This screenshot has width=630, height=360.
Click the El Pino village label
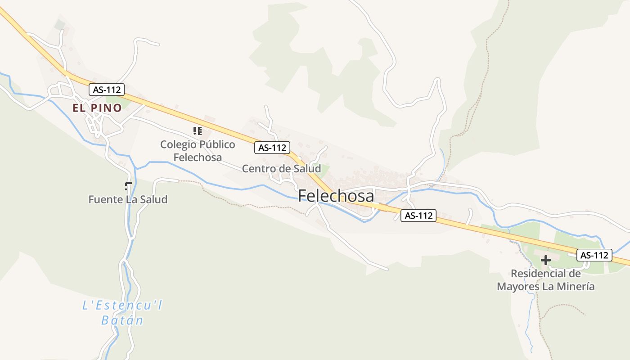click(97, 108)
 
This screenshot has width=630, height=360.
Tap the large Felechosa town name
click(336, 196)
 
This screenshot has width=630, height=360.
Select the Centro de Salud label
click(281, 169)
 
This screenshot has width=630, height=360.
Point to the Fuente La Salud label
click(128, 199)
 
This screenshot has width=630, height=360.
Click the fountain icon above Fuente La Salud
click(128, 185)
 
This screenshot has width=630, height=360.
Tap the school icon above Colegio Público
click(197, 131)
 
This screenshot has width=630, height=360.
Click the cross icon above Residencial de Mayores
click(546, 260)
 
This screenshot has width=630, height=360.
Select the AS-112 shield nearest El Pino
click(106, 90)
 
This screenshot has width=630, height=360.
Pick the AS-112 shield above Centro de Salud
click(272, 148)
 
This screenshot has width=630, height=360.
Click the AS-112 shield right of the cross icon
click(594, 255)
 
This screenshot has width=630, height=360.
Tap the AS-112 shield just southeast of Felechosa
click(418, 216)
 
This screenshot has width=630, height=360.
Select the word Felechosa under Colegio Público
click(198, 157)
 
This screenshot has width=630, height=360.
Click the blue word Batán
click(122, 320)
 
